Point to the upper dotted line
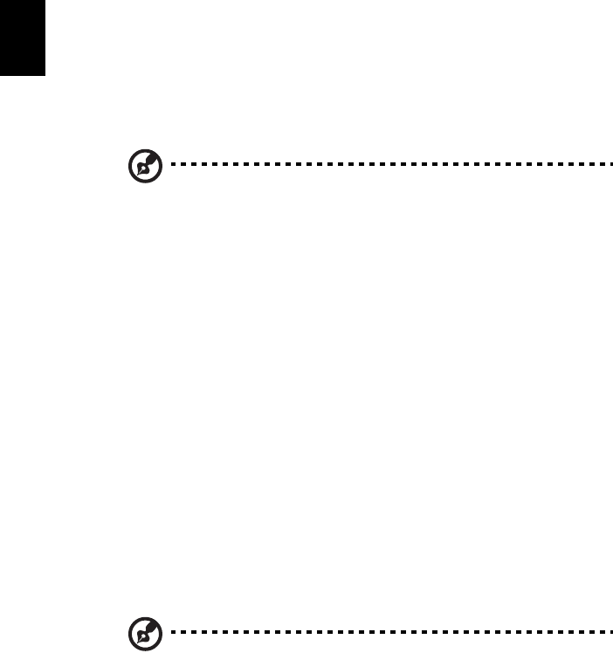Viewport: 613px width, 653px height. pyautogui.click(x=384, y=163)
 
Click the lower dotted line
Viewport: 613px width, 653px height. pyautogui.click(x=384, y=631)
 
